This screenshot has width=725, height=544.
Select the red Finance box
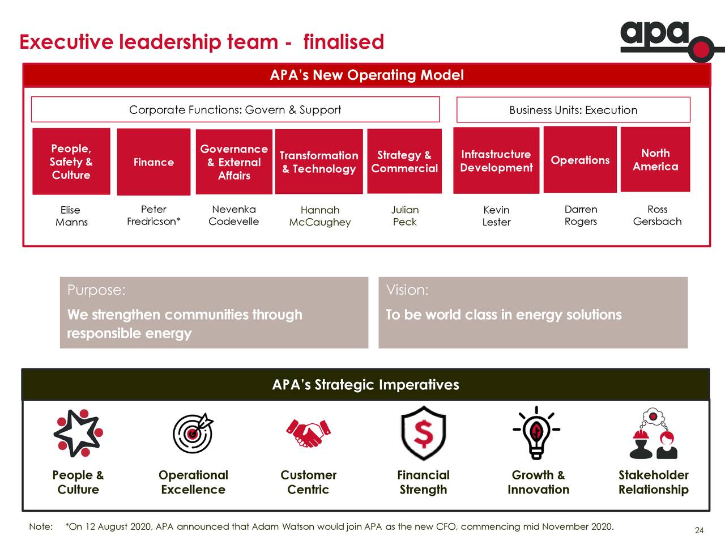tap(153, 162)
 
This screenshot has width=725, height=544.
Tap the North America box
tap(655, 160)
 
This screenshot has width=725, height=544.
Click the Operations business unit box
tap(580, 160)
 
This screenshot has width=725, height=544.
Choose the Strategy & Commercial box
tap(404, 161)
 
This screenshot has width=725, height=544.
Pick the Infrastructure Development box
tap(496, 160)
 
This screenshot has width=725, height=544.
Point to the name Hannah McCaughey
tap(319, 216)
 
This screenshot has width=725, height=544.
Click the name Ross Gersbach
tap(657, 215)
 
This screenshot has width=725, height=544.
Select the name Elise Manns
tap(71, 216)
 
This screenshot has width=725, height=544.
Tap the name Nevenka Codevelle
tap(233, 215)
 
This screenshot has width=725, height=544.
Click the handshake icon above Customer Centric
tap(308, 433)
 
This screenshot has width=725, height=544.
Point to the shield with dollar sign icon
tap(424, 433)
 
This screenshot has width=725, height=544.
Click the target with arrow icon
tap(193, 433)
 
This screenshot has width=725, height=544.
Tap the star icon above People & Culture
tap(78, 433)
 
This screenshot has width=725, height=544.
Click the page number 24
tap(700, 530)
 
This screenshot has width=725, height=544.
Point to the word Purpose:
tap(96, 290)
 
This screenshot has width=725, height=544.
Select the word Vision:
tap(407, 290)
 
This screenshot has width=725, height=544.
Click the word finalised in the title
tap(343, 42)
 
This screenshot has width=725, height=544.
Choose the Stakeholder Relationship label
tap(653, 482)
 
